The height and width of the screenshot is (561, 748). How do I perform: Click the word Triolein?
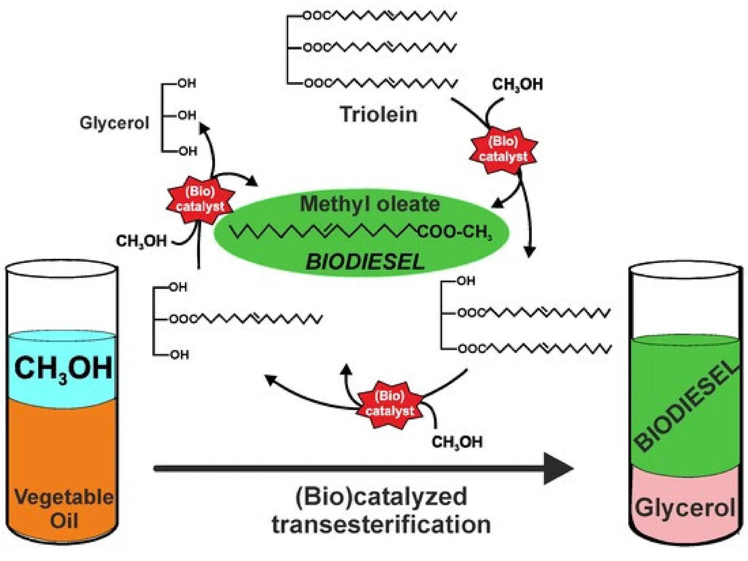pos(378,114)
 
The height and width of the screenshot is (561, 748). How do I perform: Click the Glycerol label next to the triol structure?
pos(114,123)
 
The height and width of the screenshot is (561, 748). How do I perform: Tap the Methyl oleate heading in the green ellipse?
pos(370,204)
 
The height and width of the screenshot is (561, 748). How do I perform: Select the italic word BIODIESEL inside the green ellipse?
pos(365,262)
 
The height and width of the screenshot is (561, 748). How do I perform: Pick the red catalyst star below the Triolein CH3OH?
pos(503,150)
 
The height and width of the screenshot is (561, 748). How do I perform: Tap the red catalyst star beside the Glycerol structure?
pos(200,199)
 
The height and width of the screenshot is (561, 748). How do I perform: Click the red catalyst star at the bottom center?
pos(389,404)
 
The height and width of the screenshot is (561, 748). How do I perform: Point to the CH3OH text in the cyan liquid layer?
pos(63,368)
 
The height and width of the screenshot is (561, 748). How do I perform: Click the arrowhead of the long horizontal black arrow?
pos(558,468)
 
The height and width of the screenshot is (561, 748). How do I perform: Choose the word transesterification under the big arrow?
pos(381,524)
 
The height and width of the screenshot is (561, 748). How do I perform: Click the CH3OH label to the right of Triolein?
pos(517,84)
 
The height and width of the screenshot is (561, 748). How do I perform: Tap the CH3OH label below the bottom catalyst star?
pos(457,442)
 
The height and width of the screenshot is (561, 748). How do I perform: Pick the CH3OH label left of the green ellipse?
pos(141,241)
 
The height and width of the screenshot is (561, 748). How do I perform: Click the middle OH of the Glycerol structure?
pos(187,115)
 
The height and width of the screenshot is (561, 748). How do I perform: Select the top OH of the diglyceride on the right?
pos(466,281)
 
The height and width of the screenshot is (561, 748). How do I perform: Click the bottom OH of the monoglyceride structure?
pos(179,355)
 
